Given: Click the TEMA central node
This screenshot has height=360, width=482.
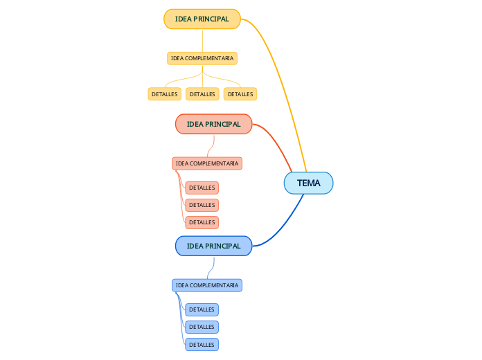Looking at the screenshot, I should [x=308, y=183].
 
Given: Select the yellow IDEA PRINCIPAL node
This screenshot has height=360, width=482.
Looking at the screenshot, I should [x=202, y=19].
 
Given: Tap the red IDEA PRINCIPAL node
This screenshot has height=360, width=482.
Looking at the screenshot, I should [x=213, y=124].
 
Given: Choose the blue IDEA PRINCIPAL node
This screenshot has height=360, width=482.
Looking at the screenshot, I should [x=213, y=246].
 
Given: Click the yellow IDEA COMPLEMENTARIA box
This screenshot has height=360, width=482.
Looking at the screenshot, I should [x=202, y=58].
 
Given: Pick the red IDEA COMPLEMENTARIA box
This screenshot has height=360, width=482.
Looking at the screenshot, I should [x=206, y=163].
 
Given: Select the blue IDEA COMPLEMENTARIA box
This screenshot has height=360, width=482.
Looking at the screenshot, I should [x=206, y=285].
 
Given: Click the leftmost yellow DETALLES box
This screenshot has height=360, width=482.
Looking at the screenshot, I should [x=164, y=94].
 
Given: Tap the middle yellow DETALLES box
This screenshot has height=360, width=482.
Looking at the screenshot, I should [x=202, y=94].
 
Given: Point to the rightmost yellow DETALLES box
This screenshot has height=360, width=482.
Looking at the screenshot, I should [x=240, y=94].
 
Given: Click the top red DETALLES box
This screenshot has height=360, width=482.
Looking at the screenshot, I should [x=202, y=188].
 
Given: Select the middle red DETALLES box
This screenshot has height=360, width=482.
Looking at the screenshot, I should [x=202, y=205].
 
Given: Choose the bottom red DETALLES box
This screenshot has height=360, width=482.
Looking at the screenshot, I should [x=202, y=222].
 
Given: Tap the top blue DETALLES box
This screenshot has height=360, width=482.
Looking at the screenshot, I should [x=202, y=309].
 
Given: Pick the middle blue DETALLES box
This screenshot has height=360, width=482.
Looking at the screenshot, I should [x=202, y=327].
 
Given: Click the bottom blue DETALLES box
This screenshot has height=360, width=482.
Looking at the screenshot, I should [x=202, y=344].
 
